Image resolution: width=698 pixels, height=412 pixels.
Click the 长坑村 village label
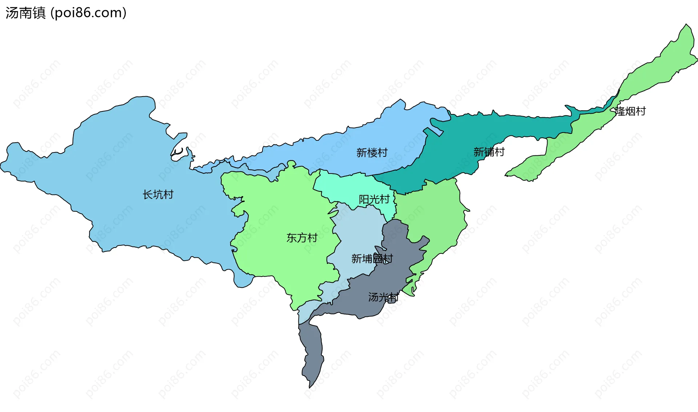point(158,195)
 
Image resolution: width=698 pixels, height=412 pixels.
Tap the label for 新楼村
point(372,152)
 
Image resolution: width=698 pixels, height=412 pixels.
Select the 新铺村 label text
point(489,152)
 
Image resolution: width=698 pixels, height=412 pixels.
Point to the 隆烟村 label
point(630,111)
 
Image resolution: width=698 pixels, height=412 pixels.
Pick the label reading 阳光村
point(374,199)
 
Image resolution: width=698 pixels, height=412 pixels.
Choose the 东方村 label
point(302,238)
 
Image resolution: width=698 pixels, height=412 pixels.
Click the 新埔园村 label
point(372,258)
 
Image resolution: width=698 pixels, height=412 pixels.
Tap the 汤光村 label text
point(383,297)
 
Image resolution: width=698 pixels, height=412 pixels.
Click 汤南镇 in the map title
point(25,13)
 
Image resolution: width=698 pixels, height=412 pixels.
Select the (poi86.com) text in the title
point(88,13)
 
